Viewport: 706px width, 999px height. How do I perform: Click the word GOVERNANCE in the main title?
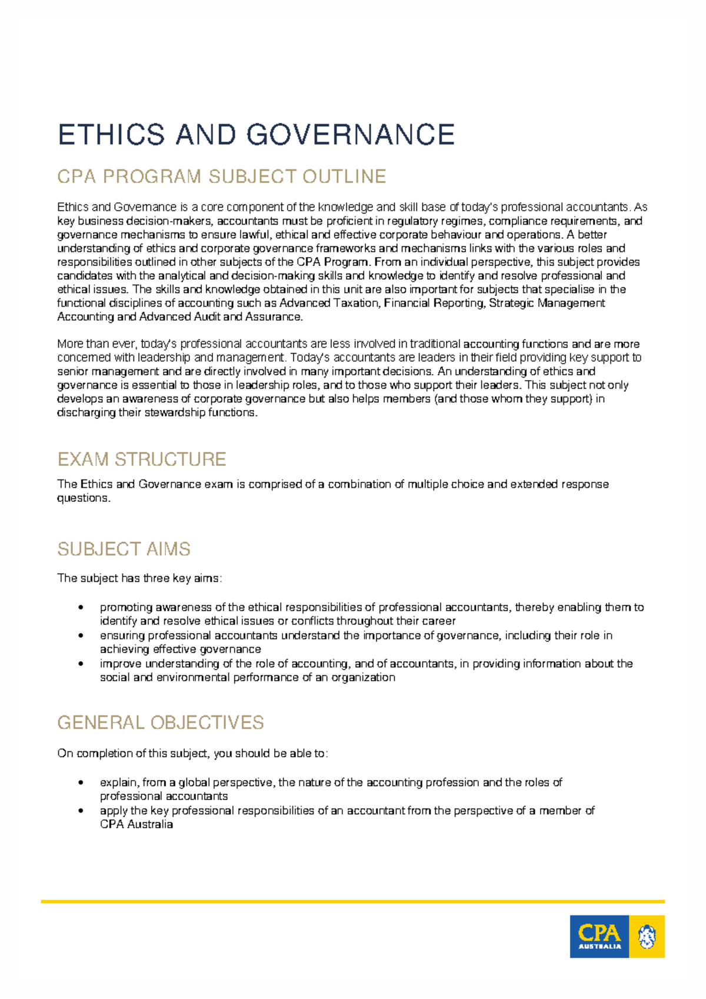coord(351,135)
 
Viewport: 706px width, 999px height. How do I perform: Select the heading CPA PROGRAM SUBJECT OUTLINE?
coord(222,177)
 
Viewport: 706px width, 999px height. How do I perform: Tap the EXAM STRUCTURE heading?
coord(142,459)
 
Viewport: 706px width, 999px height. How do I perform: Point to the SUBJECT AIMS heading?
coord(124,549)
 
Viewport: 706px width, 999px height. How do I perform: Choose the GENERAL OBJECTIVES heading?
coord(160,722)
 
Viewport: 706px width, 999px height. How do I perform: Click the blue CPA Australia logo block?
coord(599,936)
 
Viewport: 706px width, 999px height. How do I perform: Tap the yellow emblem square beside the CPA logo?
coord(647,936)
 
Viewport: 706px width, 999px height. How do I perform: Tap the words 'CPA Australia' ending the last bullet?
coord(136,824)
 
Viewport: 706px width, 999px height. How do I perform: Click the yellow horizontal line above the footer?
coord(353,901)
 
